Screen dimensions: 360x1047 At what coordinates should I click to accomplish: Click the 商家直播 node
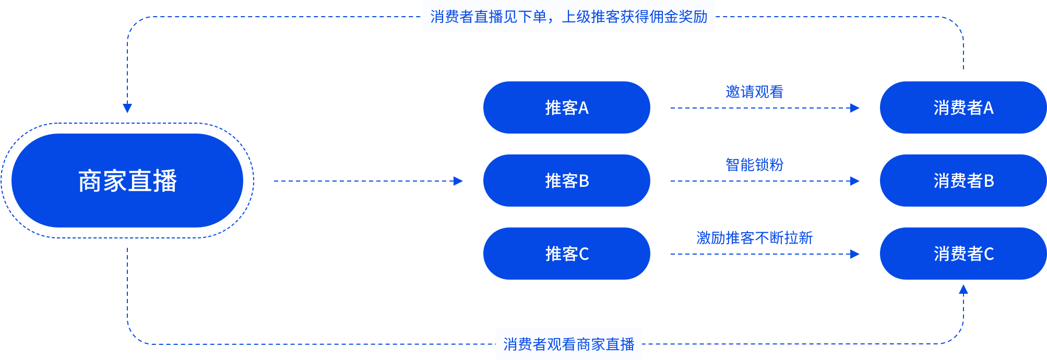127,181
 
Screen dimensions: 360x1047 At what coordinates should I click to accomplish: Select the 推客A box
566,107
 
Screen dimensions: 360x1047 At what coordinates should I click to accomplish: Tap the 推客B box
566,181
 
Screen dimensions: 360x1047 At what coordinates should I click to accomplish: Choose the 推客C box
566,254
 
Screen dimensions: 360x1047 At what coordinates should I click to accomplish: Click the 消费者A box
963,107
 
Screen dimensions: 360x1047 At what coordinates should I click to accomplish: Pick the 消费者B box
963,181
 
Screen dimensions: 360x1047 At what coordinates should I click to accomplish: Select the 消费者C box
963,254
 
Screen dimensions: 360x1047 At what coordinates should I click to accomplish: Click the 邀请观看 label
754,92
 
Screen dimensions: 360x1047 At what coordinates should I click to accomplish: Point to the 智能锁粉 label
754,165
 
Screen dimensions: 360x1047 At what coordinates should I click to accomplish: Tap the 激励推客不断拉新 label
754,238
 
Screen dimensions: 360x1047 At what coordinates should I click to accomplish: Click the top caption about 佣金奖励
568,17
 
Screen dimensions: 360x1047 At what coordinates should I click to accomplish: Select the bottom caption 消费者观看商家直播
568,344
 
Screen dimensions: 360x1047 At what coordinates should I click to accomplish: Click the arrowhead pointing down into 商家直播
127,108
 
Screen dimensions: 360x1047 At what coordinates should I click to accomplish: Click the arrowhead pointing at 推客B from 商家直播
458,181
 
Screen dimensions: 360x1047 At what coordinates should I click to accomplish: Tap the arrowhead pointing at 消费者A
855,108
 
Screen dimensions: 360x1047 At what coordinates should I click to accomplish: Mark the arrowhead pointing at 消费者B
855,181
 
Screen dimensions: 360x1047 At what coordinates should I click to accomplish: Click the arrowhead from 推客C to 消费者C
855,254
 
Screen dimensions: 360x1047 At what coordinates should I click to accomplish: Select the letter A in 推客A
584,108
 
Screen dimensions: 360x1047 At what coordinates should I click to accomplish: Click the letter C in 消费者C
989,254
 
